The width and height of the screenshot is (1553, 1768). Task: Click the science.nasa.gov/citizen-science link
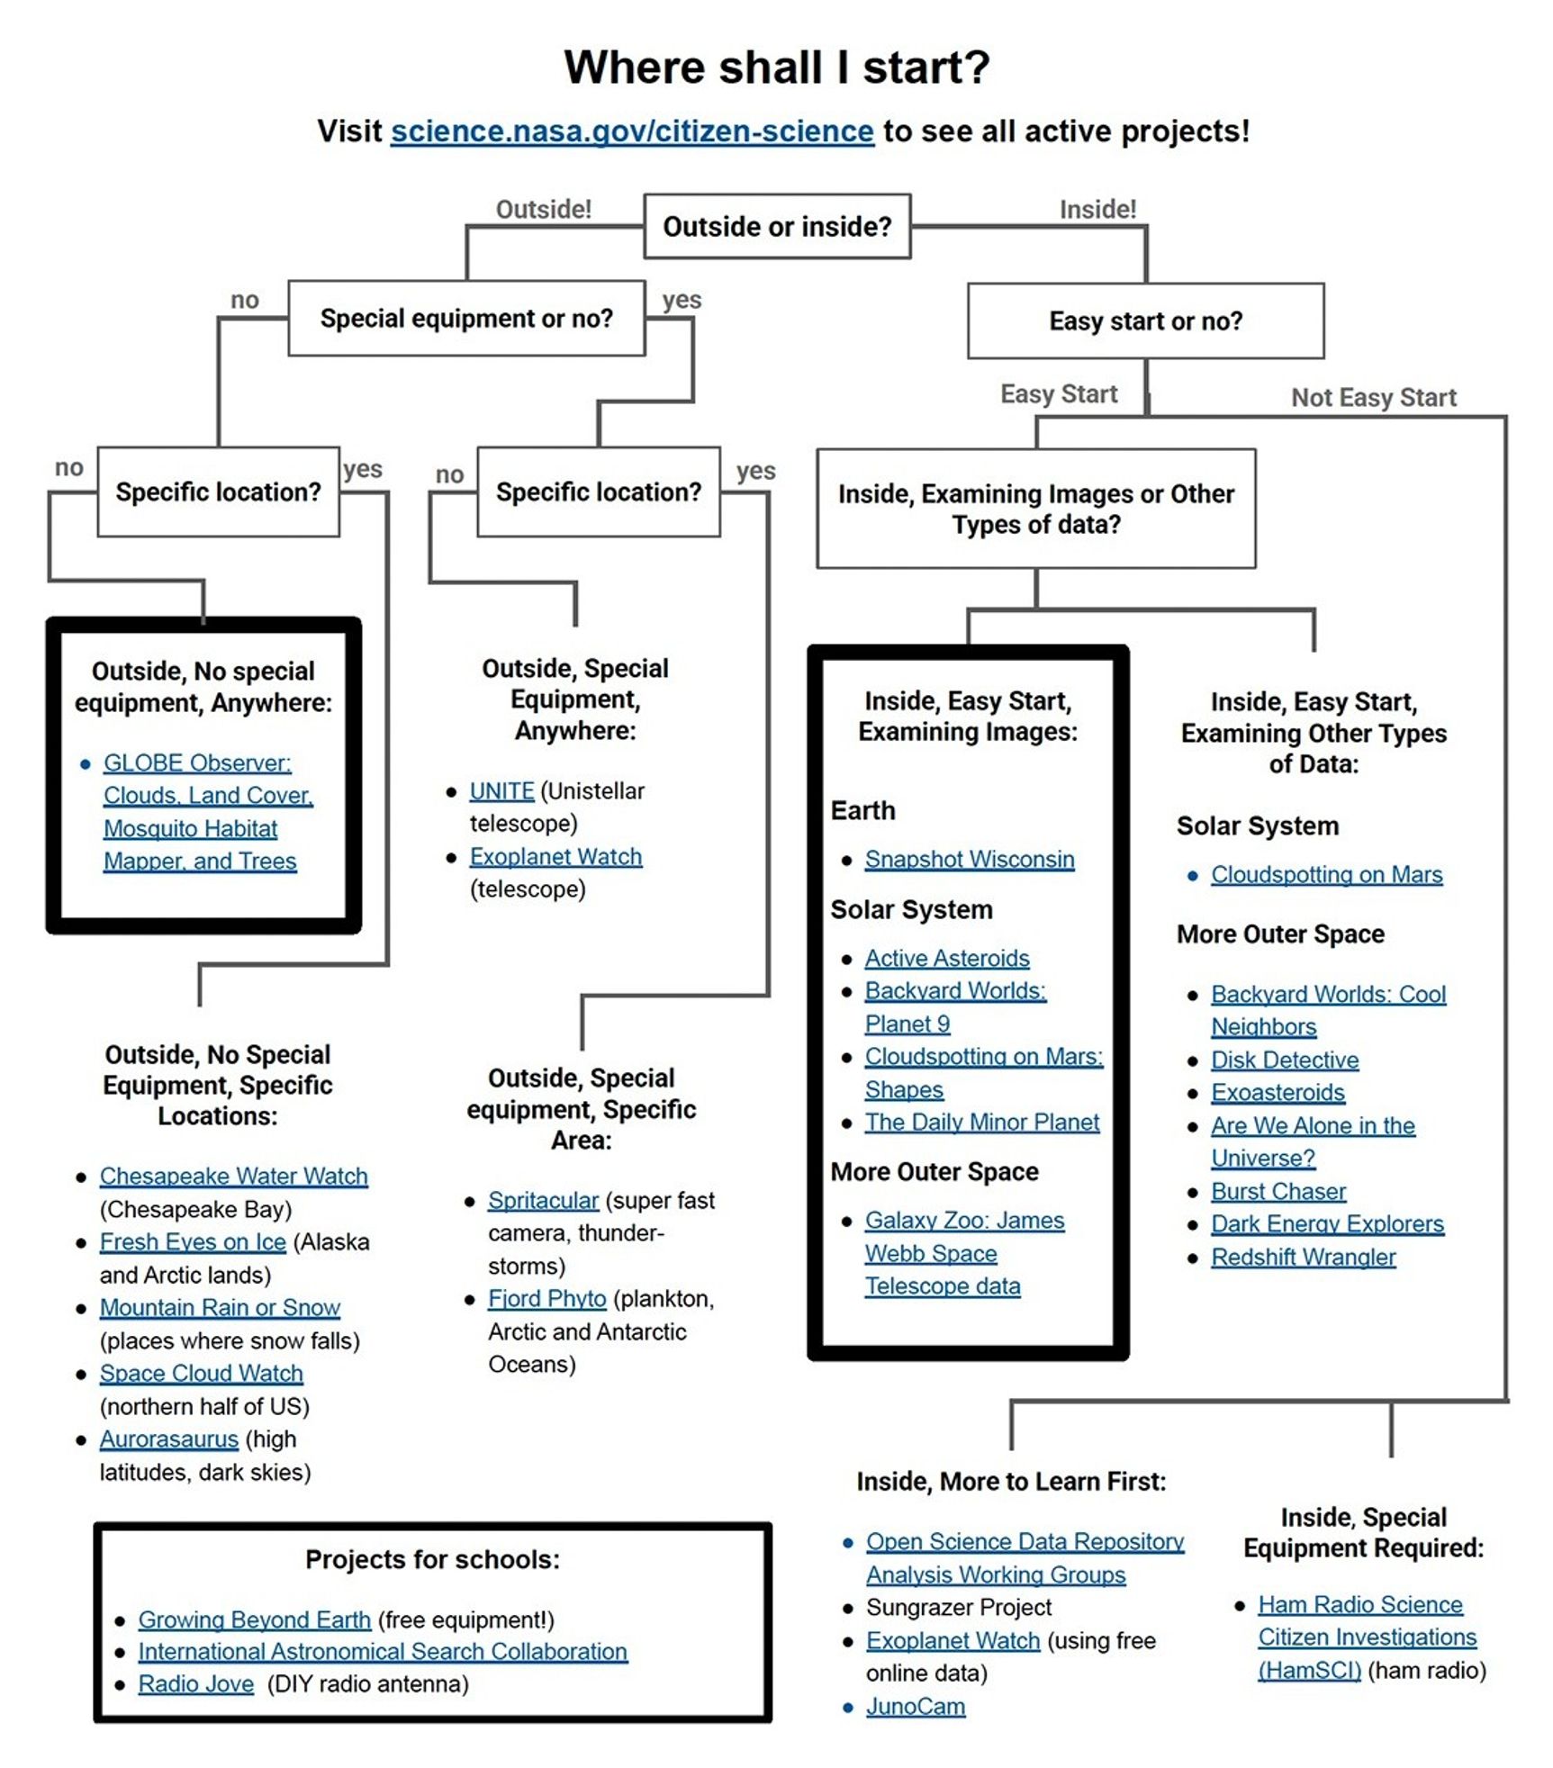click(x=631, y=131)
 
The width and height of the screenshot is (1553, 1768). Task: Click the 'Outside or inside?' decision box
click(x=776, y=227)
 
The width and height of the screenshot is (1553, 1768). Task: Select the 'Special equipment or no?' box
click(x=465, y=319)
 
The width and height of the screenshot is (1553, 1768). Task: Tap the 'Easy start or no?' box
click(x=1144, y=321)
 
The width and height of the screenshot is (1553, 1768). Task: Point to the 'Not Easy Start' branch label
click(x=1372, y=398)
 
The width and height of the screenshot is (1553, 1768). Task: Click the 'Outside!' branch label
click(x=543, y=210)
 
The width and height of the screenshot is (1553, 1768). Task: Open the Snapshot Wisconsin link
click(x=969, y=860)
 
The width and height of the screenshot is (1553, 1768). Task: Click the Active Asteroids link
click(x=946, y=959)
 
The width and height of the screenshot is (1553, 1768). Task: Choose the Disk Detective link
click(x=1284, y=1060)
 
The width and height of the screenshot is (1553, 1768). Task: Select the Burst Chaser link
click(x=1278, y=1192)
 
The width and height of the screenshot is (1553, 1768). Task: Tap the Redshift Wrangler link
click(x=1303, y=1258)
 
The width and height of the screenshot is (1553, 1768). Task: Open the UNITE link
click(x=501, y=791)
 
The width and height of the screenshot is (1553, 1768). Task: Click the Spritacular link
click(x=543, y=1201)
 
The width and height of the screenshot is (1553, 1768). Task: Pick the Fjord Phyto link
click(x=546, y=1299)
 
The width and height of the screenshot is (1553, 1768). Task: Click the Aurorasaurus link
click(x=168, y=1439)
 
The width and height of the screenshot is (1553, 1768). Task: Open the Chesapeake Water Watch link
click(x=233, y=1177)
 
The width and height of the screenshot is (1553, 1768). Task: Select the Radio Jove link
click(x=195, y=1684)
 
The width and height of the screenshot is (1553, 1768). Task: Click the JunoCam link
click(x=915, y=1707)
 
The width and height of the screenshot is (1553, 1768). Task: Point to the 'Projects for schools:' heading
click(x=432, y=1560)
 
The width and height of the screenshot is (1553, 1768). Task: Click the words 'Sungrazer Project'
click(x=958, y=1608)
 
